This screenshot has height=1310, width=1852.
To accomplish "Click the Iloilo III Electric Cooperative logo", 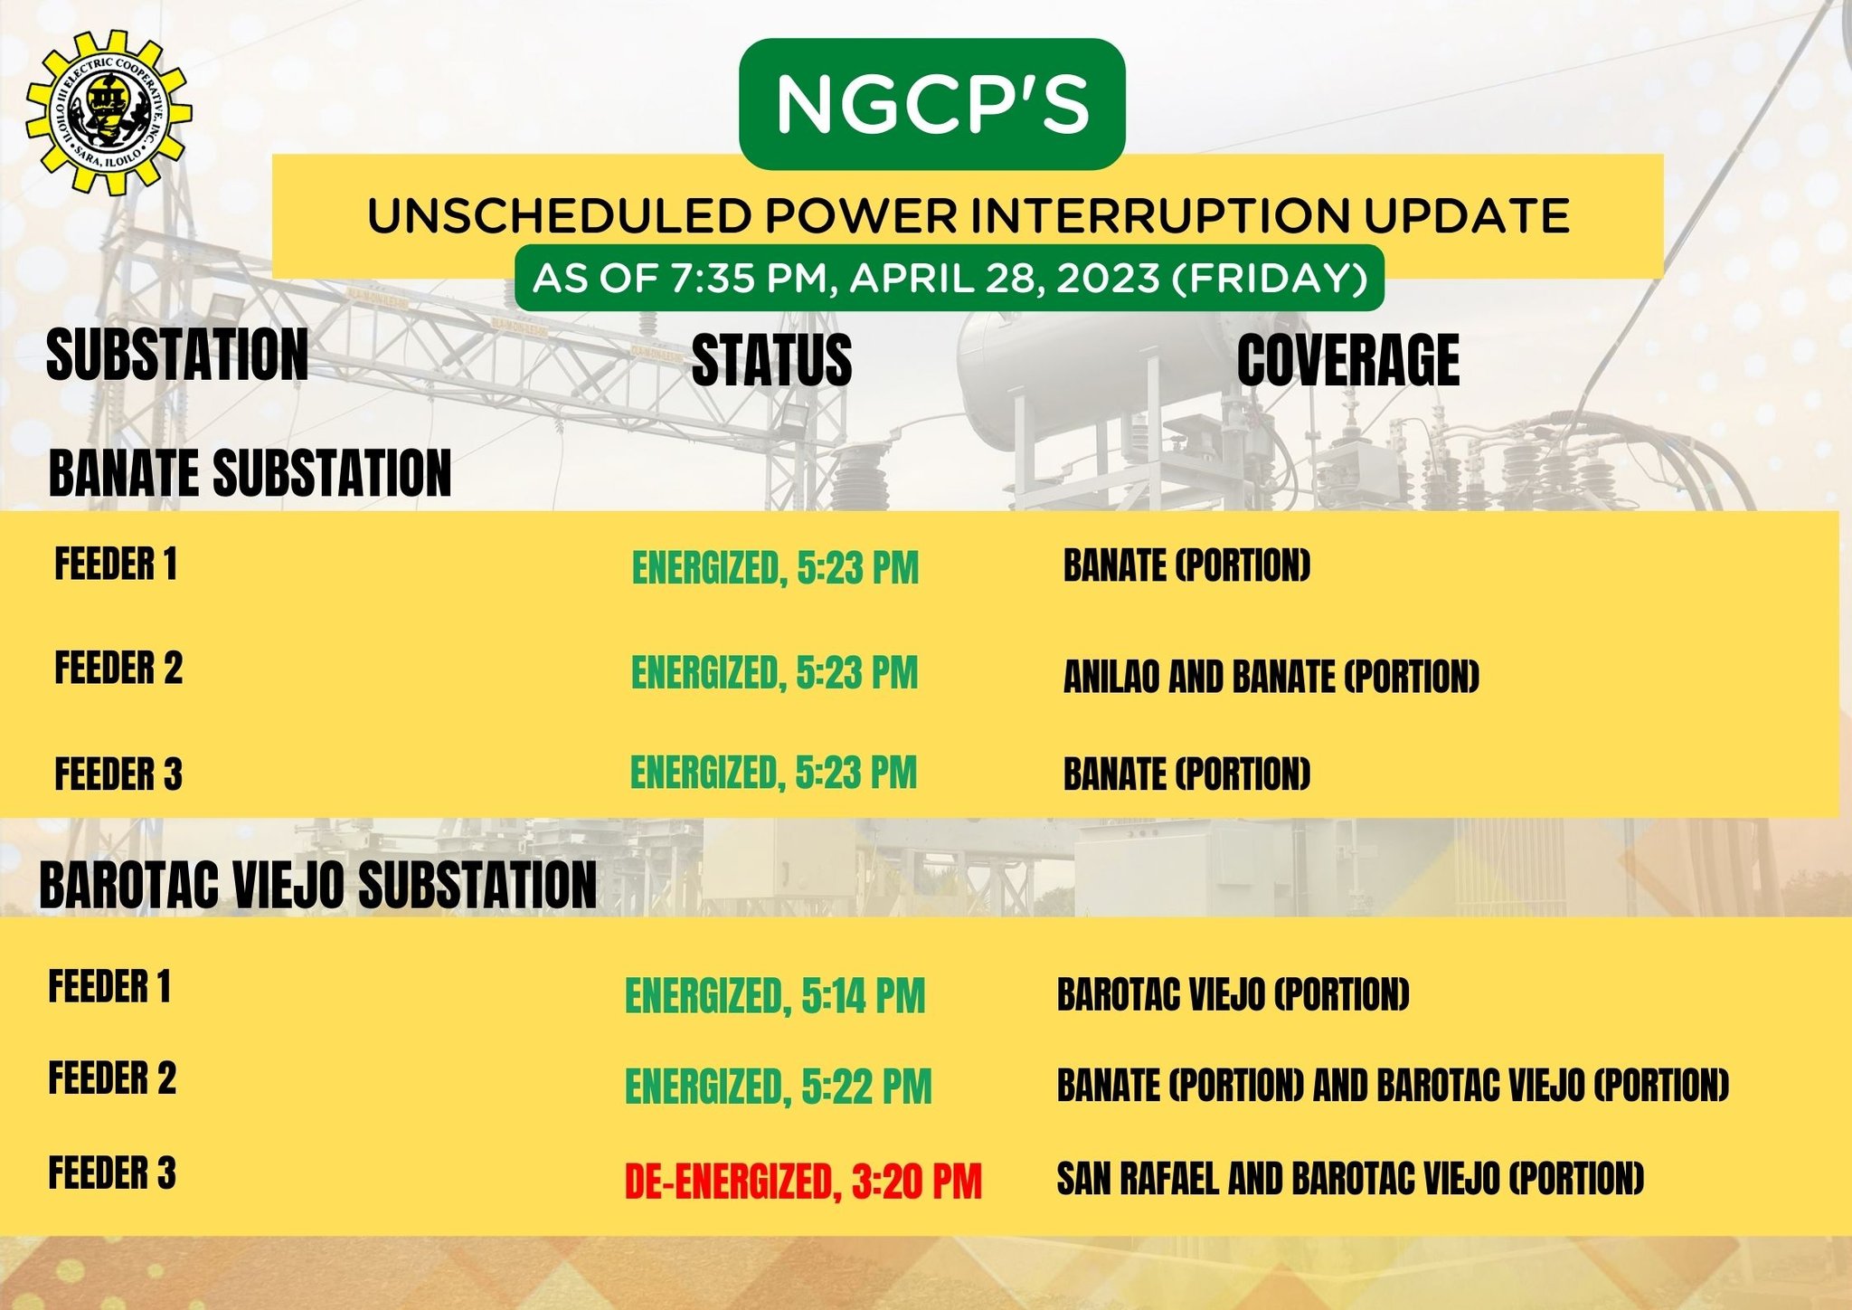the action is [x=109, y=113].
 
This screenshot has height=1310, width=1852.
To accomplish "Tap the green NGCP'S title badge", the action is [x=931, y=103].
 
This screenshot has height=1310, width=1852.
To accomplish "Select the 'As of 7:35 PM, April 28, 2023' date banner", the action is [x=950, y=278].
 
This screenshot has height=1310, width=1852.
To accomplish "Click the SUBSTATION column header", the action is [x=177, y=355].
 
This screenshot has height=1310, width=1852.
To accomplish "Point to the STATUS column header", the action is [x=771, y=360].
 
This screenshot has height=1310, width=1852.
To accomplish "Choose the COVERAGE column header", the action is [x=1347, y=360].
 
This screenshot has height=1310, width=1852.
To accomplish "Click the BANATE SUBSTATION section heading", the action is [x=250, y=473].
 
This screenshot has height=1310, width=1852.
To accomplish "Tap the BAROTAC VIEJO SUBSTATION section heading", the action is [x=317, y=884].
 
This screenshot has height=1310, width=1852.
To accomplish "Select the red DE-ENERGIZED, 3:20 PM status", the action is [x=803, y=1182].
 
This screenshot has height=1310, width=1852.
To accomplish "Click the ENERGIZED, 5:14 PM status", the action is [x=775, y=996].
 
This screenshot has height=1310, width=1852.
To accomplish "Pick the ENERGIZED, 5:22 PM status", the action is [x=778, y=1087].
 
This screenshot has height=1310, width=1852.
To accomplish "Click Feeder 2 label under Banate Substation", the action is [x=118, y=669].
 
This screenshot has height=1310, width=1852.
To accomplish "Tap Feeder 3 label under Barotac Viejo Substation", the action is [x=112, y=1172].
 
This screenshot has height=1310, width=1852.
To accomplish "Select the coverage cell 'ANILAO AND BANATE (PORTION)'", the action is [x=1271, y=677].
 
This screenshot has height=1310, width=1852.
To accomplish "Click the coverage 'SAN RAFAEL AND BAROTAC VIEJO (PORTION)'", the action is [x=1350, y=1178].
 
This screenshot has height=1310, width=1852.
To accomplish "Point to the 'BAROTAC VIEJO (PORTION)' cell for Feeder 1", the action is [x=1233, y=994].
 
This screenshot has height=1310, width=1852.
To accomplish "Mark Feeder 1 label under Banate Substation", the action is [x=116, y=565].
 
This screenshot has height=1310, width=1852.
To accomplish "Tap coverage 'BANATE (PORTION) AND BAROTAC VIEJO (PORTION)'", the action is [x=1393, y=1086].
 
